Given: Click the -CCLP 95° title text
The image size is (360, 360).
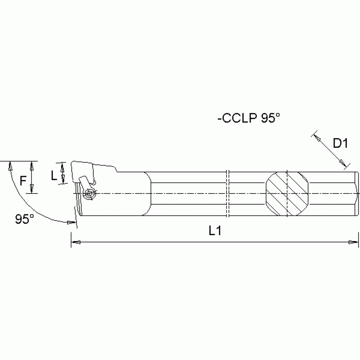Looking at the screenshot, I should (248, 119).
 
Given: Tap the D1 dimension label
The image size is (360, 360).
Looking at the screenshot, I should (340, 144).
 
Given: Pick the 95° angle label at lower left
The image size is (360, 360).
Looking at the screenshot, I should (24, 219).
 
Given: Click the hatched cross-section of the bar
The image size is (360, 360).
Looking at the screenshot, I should (287, 193).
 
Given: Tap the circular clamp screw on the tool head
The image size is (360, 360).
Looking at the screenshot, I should (89, 193).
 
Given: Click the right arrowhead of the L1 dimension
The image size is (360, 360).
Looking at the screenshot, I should (350, 243).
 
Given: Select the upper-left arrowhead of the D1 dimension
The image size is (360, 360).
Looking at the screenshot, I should (316, 138).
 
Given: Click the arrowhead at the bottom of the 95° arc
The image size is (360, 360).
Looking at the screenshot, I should (71, 222).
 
